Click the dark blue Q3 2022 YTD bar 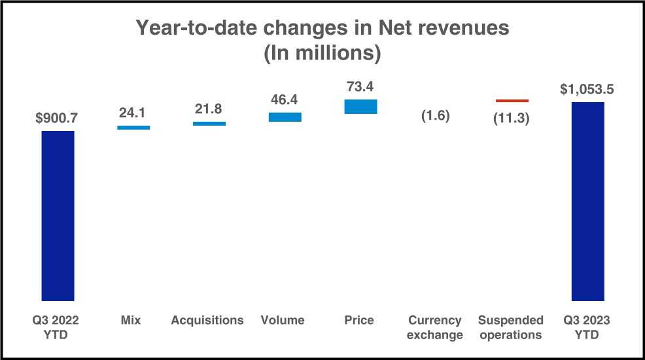[58, 215]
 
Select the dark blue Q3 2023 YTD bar [588, 201]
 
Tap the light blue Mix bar [133, 128]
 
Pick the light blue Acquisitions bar [209, 124]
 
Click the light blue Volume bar [285, 117]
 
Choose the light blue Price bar [360, 107]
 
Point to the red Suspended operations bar [512, 101]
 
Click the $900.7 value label [57, 118]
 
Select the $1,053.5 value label [587, 89]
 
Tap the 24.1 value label [132, 113]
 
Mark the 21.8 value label [209, 109]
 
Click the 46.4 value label [285, 99]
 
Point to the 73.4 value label [360, 86]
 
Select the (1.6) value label [436, 116]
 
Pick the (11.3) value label [512, 118]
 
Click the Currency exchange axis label [435, 327]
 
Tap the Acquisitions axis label [207, 320]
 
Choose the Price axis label [359, 320]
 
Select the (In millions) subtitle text [322, 53]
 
